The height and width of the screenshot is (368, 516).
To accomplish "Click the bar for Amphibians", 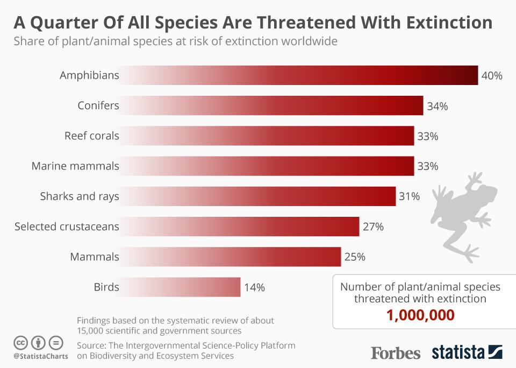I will pyautogui.click(x=301, y=75).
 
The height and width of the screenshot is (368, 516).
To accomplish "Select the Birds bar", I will pyautogui.click(x=183, y=287).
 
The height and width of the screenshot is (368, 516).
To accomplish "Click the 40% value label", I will pyautogui.click(x=492, y=75).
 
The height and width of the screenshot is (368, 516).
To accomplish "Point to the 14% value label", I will pyautogui.click(x=254, y=287).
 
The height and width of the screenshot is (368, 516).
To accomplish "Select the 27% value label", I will pyautogui.click(x=373, y=227).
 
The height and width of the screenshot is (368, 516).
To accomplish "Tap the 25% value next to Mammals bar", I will pyautogui.click(x=355, y=257).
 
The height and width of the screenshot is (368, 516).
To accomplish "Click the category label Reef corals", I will pyautogui.click(x=91, y=136).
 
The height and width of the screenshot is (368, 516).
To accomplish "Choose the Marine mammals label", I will pyautogui.click(x=75, y=166).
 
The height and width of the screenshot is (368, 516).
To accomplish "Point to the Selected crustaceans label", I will pyautogui.click(x=67, y=227).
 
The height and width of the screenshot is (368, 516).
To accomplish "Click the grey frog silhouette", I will pyautogui.click(x=462, y=215).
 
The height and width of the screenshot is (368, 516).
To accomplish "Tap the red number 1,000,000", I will pyautogui.click(x=420, y=315).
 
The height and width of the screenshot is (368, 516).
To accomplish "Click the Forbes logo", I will pyautogui.click(x=396, y=353).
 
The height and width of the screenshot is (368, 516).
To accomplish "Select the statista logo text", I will pyautogui.click(x=458, y=353).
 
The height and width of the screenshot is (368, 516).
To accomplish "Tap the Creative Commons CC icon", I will pyautogui.click(x=20, y=343).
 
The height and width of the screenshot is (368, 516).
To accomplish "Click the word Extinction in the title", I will pyautogui.click(x=440, y=23).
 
